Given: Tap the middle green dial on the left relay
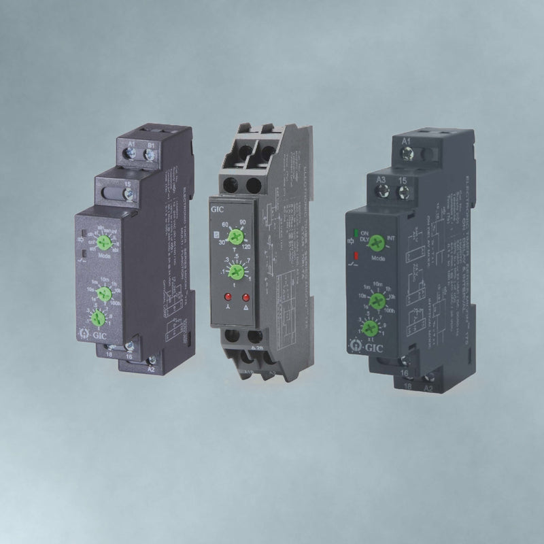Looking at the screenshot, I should pyautogui.click(x=104, y=293).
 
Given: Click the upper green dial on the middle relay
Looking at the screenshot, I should pyautogui.click(x=235, y=237).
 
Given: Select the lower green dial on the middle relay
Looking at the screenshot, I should pyautogui.click(x=235, y=273).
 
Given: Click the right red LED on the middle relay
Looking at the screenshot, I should pyautogui.click(x=245, y=298).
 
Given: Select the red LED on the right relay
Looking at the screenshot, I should pyautogui.click(x=354, y=256).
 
